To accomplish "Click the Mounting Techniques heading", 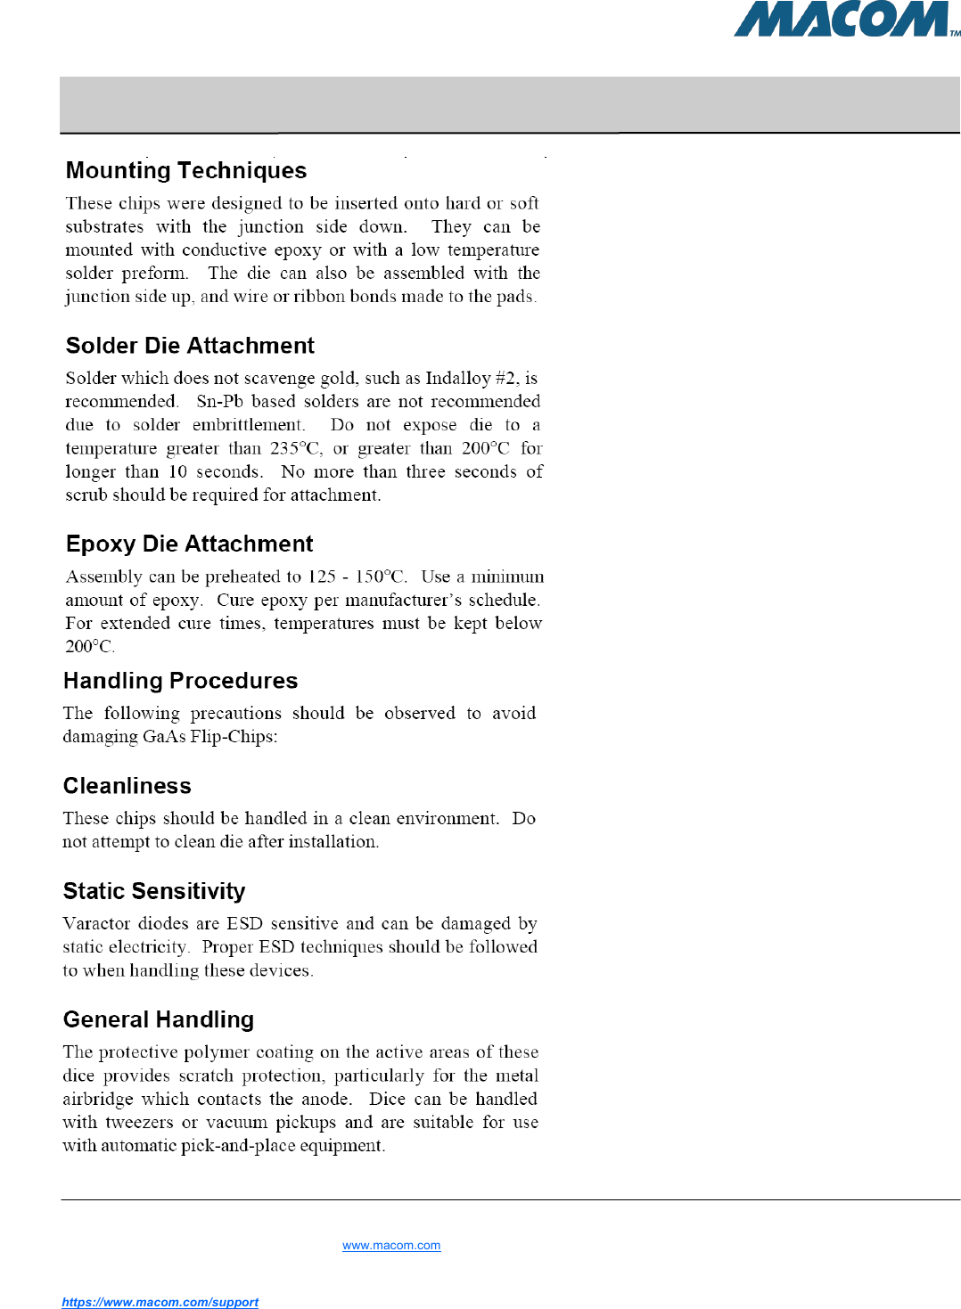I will (x=186, y=170).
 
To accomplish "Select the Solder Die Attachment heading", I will (x=190, y=346).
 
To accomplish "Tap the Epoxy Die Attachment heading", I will (x=190, y=544).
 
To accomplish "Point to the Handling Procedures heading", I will (x=180, y=681).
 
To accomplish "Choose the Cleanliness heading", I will (x=127, y=786).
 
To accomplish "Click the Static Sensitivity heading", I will (x=154, y=891).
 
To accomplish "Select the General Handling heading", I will (x=159, y=1019).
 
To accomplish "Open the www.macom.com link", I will (x=391, y=1246).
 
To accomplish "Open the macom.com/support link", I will (x=160, y=1302).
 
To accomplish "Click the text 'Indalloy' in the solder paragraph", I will (x=457, y=379).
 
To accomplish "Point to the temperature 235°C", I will (x=296, y=448).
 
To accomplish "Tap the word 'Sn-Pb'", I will (x=220, y=402).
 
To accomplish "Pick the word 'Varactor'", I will (x=95, y=924).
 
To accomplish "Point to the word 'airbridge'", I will (x=98, y=1100).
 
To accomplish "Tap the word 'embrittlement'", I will (x=248, y=425).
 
